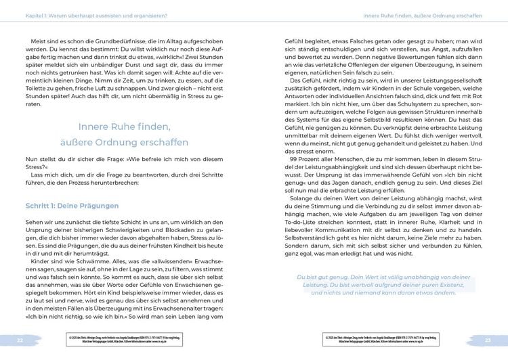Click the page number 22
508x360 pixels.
(x=20, y=338)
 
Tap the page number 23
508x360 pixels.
(x=487, y=338)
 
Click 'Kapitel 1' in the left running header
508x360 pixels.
(x=33, y=13)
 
